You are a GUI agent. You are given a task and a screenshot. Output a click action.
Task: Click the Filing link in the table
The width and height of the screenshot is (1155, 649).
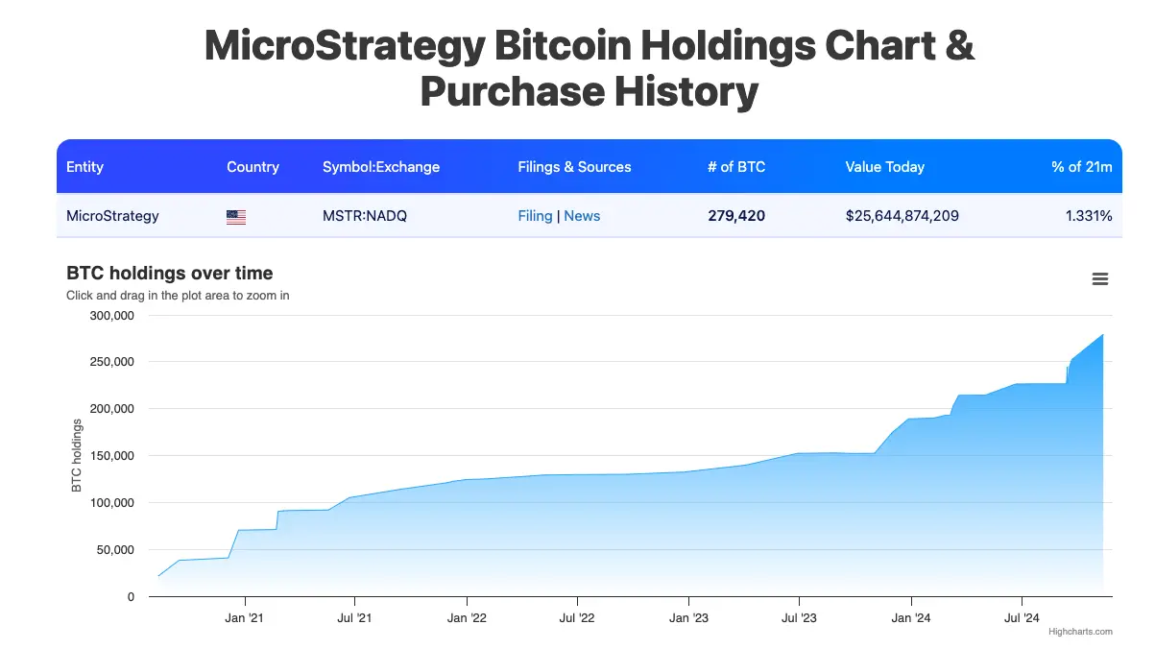[535, 216]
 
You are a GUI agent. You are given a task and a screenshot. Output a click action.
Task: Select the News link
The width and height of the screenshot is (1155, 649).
[582, 216]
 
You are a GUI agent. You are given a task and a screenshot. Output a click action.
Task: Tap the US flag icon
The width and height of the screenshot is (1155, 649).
[236, 217]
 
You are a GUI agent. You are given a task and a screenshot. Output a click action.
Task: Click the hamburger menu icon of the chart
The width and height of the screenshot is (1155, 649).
[1100, 279]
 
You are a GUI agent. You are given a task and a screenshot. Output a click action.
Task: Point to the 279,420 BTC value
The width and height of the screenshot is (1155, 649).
[736, 216]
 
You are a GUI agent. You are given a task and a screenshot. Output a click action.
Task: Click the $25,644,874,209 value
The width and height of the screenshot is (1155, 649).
[902, 216]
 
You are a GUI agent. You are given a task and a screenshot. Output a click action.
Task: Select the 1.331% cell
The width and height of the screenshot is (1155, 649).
[1089, 216]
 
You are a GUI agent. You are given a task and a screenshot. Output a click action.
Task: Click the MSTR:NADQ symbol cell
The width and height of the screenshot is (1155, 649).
[365, 216]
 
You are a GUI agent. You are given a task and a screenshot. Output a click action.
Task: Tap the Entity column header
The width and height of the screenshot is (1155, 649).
[84, 167]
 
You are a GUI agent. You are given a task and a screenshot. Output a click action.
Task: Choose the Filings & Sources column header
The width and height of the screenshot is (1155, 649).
[574, 167]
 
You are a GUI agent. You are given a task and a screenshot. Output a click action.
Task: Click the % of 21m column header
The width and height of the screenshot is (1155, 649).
[1081, 167]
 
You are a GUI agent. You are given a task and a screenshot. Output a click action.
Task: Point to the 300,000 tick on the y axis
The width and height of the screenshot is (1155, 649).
[111, 315]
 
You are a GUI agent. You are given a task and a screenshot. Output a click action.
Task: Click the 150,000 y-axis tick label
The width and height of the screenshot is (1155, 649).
[111, 456]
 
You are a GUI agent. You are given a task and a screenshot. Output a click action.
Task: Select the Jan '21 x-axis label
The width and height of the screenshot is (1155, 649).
[244, 618]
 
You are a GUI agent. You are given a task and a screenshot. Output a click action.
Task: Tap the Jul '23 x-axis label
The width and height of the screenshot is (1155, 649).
[799, 618]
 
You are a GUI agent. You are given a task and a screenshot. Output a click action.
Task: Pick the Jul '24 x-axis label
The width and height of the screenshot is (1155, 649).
[1022, 618]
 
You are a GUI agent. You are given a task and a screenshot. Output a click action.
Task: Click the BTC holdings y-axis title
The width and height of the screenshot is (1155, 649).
[77, 456]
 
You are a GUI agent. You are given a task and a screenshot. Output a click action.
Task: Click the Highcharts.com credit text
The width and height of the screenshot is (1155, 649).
[1080, 632]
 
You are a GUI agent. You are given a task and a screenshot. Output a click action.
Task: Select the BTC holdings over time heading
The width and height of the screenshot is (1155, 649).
[169, 274]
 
